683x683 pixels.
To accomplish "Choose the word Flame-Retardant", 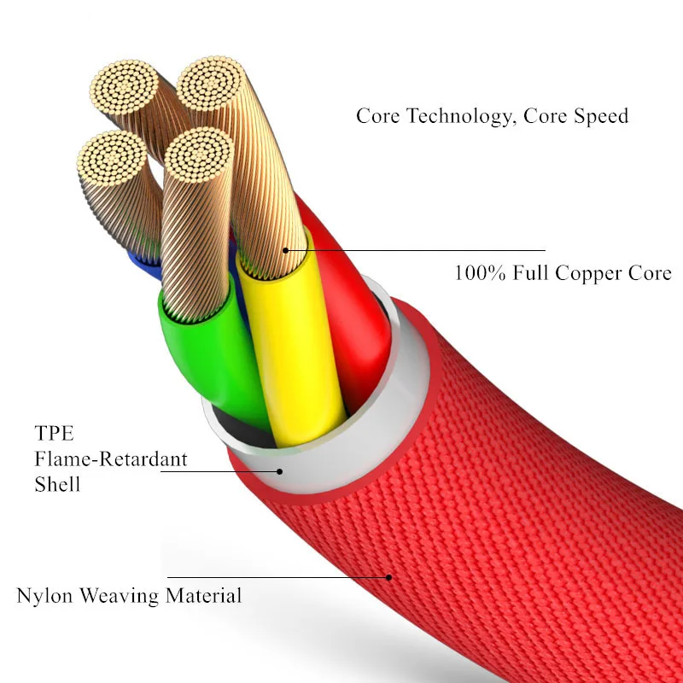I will [111, 458].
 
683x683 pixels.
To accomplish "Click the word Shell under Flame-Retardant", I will [57, 484].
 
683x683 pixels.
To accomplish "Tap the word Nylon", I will [45, 595].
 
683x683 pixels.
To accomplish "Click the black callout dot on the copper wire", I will [285, 250].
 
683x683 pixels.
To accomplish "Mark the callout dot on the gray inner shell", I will [278, 470].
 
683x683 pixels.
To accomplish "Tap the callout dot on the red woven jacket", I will [389, 577].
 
